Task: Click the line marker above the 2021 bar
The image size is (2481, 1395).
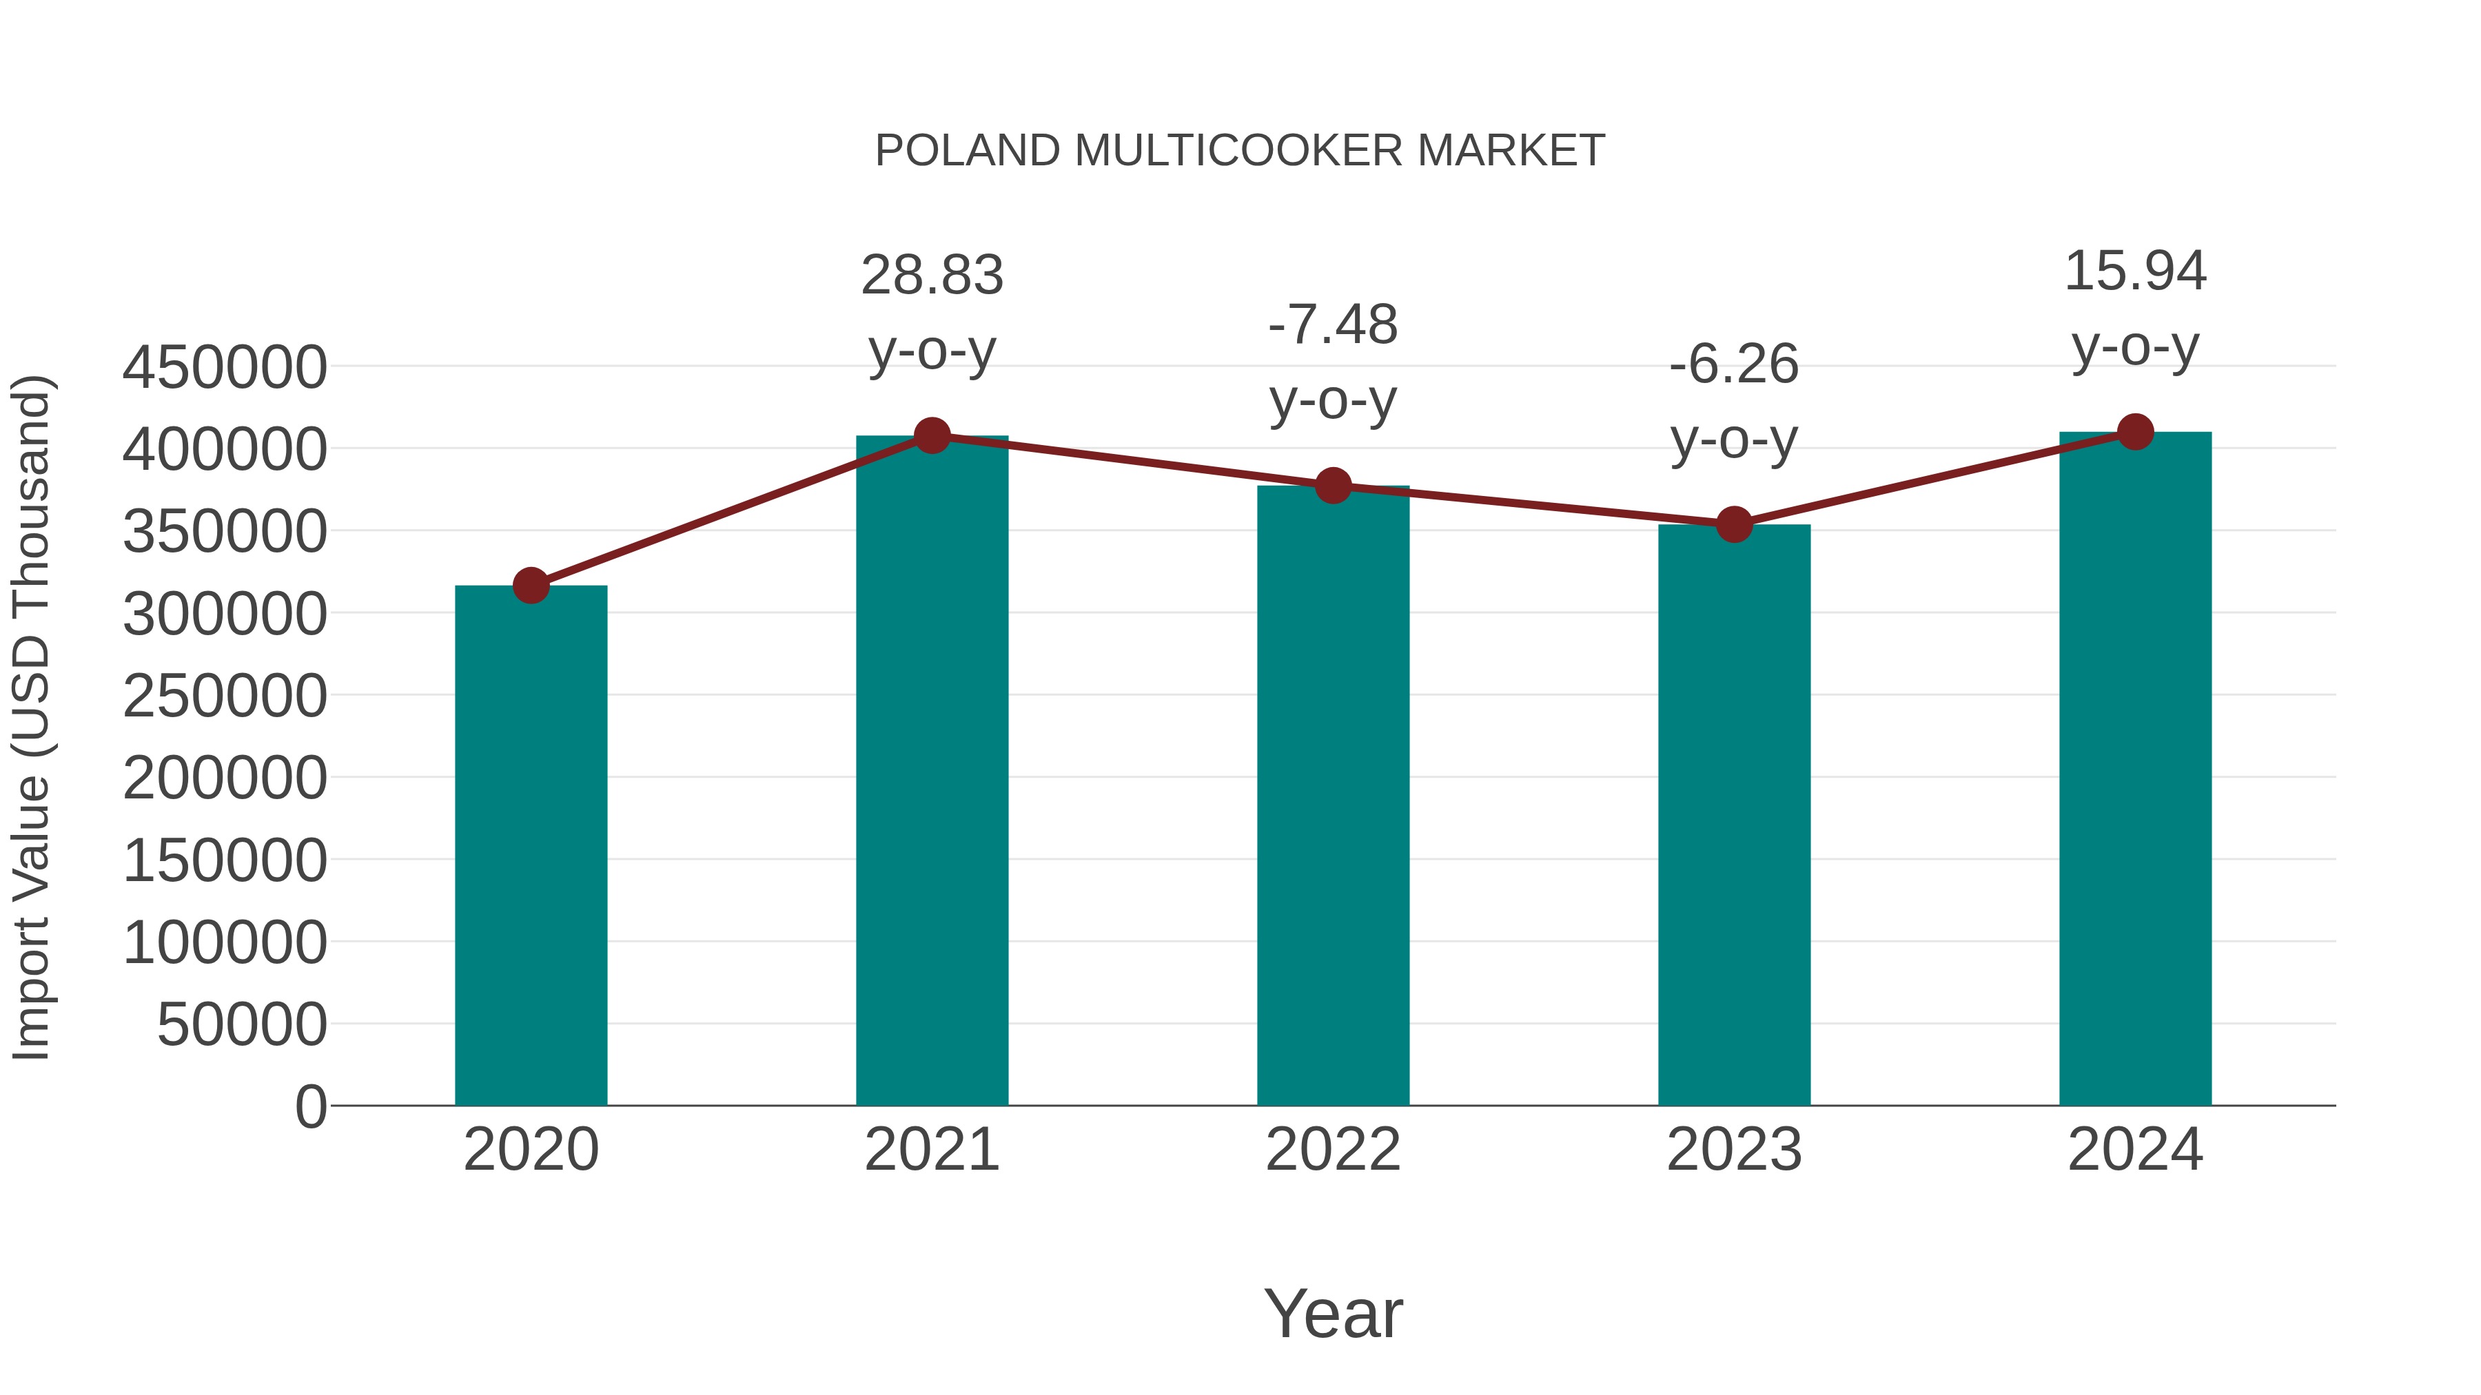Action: [x=931, y=436]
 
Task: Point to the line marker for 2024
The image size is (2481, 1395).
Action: [x=2135, y=432]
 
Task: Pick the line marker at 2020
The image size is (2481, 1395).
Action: [x=531, y=586]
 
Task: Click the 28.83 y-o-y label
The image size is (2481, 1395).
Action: [x=931, y=312]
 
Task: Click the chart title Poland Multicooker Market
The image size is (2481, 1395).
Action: [x=1240, y=151]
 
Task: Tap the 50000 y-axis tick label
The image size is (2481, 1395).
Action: [x=242, y=1024]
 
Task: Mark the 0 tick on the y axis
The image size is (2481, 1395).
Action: [x=311, y=1106]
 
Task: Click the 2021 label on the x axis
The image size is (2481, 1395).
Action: [x=931, y=1150]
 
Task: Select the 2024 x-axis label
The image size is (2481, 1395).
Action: [x=2135, y=1150]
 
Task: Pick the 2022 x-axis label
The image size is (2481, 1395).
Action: [x=1333, y=1150]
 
